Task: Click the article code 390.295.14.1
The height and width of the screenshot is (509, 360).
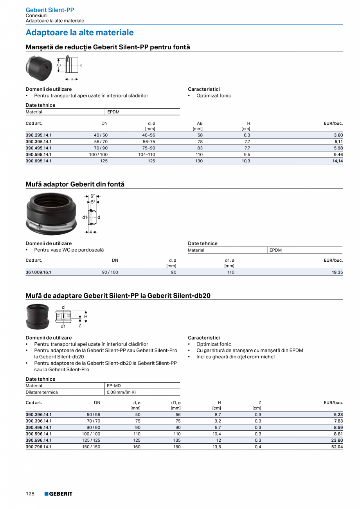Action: pyautogui.click(x=38, y=135)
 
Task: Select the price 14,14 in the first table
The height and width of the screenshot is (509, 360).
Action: pyautogui.click(x=337, y=161)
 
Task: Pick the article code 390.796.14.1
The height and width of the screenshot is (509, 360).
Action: pyautogui.click(x=38, y=447)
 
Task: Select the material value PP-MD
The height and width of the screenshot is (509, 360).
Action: pyautogui.click(x=113, y=386)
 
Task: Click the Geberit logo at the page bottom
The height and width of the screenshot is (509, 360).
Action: pyautogui.click(x=58, y=494)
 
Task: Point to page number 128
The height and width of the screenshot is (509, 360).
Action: pyautogui.click(x=30, y=494)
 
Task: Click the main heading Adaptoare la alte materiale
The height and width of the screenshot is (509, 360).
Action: pyautogui.click(x=79, y=32)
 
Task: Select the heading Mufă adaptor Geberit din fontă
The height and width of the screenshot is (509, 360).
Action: pyautogui.click(x=75, y=184)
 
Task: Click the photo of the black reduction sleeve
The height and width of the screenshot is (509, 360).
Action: pyautogui.click(x=39, y=66)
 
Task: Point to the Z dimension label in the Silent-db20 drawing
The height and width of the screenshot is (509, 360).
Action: pyautogui.click(x=80, y=325)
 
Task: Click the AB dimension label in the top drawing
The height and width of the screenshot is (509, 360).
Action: pyautogui.click(x=59, y=65)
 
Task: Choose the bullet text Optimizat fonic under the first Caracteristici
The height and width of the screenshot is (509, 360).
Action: pyautogui.click(x=214, y=95)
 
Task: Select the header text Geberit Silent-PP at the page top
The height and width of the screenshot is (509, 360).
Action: pyautogui.click(x=50, y=10)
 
